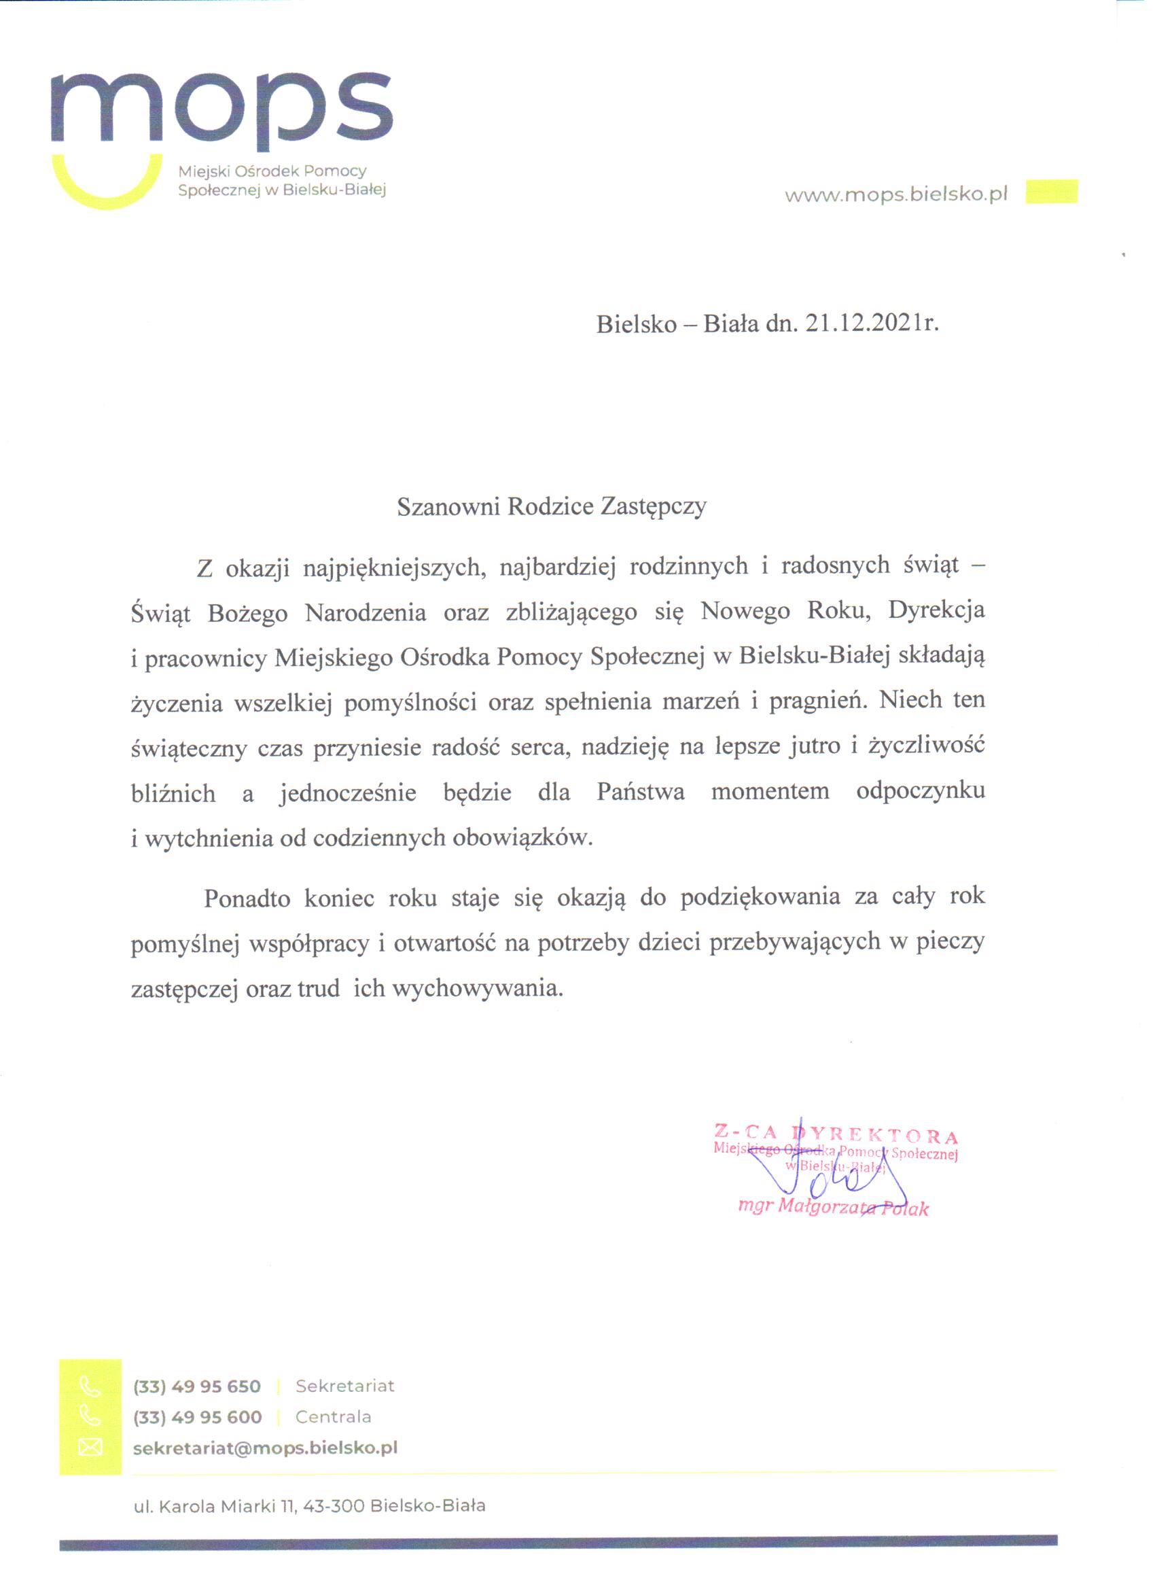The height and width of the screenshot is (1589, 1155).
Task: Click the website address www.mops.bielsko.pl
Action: [x=896, y=195]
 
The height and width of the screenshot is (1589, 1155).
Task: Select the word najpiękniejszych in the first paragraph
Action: [x=394, y=567]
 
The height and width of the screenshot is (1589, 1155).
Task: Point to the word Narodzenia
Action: [x=366, y=613]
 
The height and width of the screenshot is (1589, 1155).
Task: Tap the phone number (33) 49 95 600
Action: [x=198, y=1417]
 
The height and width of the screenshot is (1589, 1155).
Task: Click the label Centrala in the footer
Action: [x=333, y=1416]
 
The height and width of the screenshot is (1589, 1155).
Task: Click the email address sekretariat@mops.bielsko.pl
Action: [x=266, y=1448]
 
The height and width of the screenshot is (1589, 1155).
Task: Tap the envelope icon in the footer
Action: [x=90, y=1448]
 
